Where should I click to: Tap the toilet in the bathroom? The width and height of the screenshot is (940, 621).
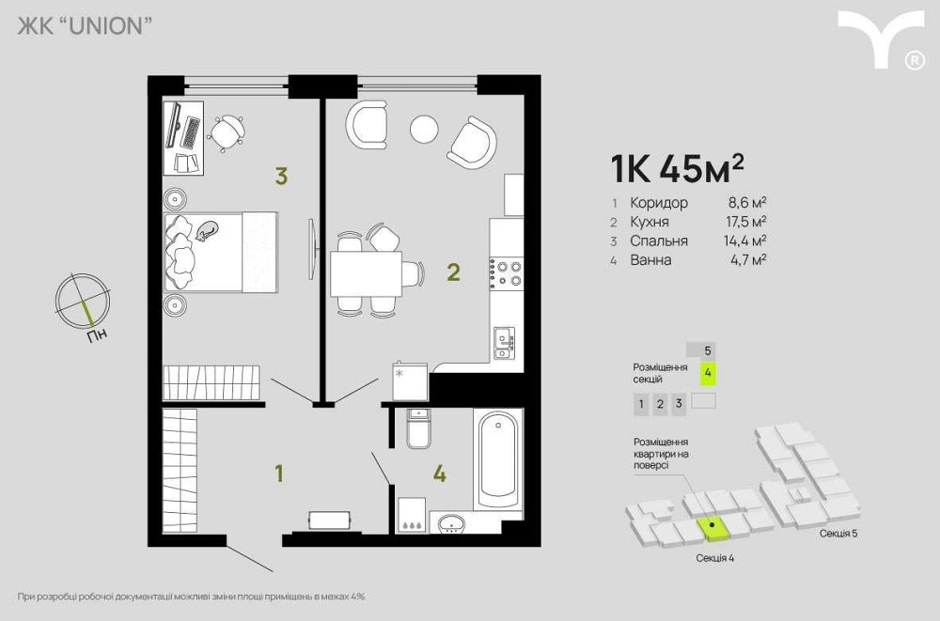coord(418,430)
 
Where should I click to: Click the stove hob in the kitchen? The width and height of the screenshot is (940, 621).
coord(509,272)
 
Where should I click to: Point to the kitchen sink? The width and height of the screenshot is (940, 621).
coord(505,342)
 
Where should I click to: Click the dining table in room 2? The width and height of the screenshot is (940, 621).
coord(366,273)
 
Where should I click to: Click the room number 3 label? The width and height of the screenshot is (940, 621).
coord(280,175)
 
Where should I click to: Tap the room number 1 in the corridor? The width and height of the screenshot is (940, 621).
coord(278,474)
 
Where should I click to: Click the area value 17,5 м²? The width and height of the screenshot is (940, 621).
coord(748,222)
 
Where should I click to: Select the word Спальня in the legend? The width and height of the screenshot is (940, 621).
coord(659,241)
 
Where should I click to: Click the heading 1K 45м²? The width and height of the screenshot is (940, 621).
coord(677,169)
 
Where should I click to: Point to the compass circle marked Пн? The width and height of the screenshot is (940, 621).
coord(79,300)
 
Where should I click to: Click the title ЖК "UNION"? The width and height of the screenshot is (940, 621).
coord(85,26)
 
